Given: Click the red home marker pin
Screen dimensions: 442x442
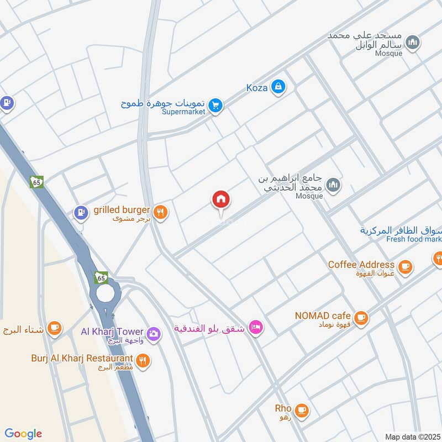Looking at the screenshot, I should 221,200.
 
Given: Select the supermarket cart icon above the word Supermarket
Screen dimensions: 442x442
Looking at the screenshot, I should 215,104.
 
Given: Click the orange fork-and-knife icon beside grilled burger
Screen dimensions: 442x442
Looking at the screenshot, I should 160,212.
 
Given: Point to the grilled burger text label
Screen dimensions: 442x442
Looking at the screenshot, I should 122,209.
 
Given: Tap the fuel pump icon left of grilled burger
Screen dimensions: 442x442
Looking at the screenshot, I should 81,212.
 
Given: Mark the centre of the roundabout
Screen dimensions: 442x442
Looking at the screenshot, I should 105,294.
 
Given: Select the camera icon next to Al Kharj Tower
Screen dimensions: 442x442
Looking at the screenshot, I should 154,333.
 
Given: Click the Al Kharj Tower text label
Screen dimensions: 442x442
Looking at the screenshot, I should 112,331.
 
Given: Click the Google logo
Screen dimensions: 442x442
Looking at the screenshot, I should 23,433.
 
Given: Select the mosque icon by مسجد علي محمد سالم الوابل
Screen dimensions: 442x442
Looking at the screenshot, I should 412,42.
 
